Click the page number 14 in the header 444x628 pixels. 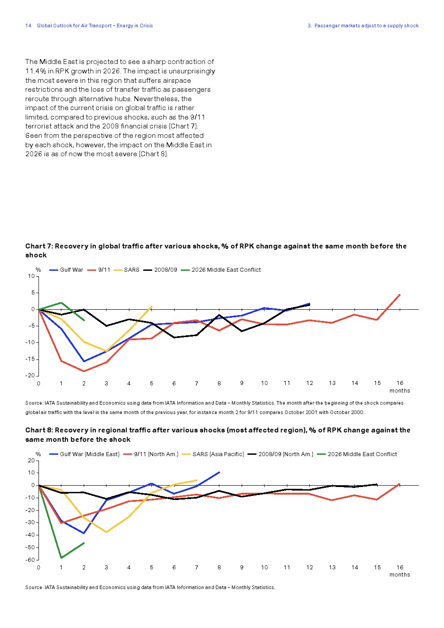click(28, 26)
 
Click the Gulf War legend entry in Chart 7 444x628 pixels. click(66, 270)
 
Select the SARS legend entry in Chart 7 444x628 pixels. click(127, 270)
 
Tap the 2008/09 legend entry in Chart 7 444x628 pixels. click(160, 270)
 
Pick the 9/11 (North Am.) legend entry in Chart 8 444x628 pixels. click(151, 454)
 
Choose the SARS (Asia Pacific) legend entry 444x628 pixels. click(213, 454)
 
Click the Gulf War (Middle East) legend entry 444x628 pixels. click(85, 454)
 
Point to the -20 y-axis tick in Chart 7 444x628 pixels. click(30, 376)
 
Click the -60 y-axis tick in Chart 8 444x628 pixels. click(30, 560)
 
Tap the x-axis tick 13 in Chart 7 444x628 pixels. click(332, 383)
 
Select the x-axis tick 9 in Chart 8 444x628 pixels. click(242, 567)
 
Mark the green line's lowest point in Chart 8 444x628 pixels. click(61, 558)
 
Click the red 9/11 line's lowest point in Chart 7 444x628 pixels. click(84, 371)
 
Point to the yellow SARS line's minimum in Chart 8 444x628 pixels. click(106, 532)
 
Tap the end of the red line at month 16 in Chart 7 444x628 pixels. click(400, 295)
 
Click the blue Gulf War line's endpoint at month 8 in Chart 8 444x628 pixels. click(219, 472)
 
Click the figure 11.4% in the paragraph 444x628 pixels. click(36, 71)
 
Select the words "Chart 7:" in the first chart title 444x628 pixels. click(39, 246)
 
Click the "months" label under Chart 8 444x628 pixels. click(399, 574)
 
